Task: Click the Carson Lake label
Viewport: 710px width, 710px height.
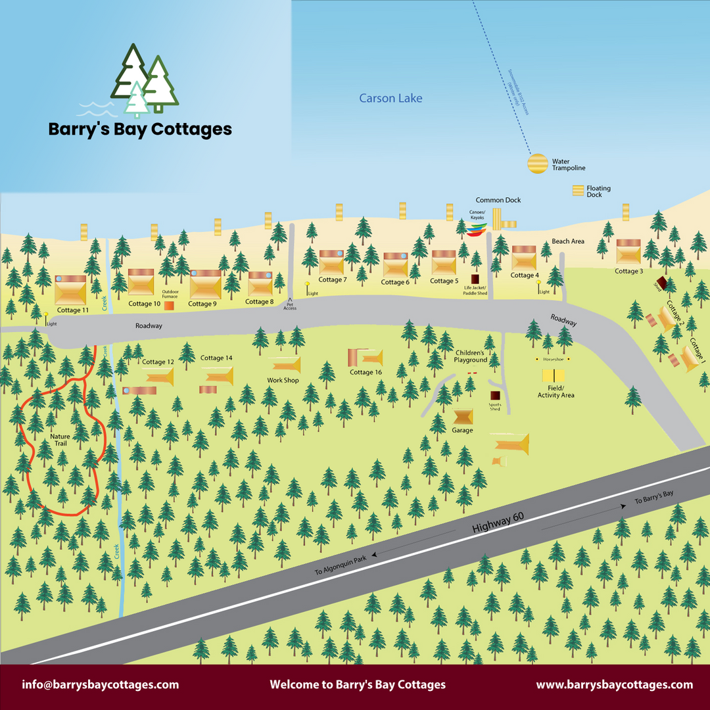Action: (x=390, y=99)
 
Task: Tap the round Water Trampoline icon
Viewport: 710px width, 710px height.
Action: (x=538, y=164)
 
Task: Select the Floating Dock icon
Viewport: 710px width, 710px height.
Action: (x=578, y=191)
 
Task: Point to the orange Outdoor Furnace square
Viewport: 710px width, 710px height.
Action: (x=169, y=306)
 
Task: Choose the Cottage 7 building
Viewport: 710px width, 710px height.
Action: (x=331, y=262)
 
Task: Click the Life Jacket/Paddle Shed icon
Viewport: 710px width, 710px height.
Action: (x=475, y=279)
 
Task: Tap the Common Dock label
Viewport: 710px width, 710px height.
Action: (x=498, y=200)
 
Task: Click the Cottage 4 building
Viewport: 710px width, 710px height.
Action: (x=524, y=258)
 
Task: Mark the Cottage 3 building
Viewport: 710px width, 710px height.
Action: (x=628, y=252)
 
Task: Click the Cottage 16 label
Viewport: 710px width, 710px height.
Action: (x=366, y=373)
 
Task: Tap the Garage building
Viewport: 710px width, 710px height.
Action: (x=463, y=417)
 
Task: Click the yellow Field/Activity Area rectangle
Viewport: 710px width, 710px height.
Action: (x=554, y=375)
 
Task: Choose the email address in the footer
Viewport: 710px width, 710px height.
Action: (x=100, y=684)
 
